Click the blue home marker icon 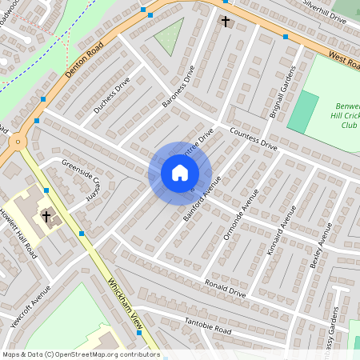[x=180, y=173]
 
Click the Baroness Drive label [x=178, y=86]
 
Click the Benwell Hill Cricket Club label [x=343, y=115]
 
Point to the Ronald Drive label [x=226, y=288]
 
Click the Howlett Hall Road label [x=18, y=234]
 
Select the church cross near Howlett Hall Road [x=46, y=216]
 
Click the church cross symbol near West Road [x=226, y=21]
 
